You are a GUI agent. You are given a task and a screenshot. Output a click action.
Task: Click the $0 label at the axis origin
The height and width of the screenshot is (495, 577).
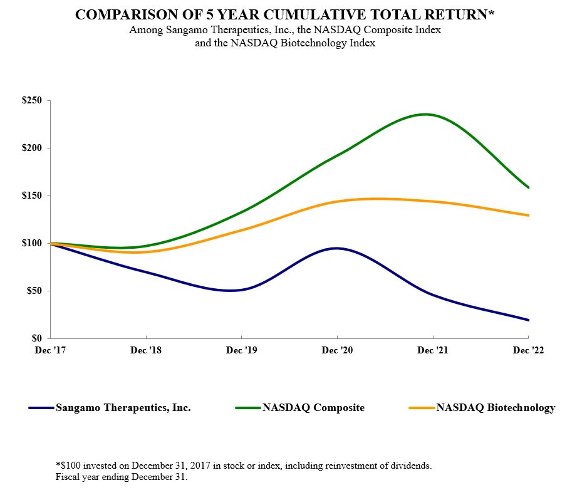tap(38, 338)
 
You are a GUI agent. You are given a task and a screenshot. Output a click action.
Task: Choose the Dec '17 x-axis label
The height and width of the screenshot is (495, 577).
tap(51, 351)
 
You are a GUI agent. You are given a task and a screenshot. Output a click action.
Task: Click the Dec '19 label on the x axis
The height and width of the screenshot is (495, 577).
tap(242, 351)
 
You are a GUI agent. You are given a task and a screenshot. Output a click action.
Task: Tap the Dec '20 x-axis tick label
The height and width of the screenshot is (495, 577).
tap(338, 351)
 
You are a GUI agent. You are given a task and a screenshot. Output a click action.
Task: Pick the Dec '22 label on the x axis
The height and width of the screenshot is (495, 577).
tap(529, 351)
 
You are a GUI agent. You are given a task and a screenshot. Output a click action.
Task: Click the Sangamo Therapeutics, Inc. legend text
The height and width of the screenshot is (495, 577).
tap(123, 408)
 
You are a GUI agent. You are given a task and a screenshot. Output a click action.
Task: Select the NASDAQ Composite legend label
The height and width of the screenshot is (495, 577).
tap(313, 408)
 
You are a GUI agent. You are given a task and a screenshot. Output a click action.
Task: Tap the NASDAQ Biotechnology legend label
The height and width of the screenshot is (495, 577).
tap(496, 408)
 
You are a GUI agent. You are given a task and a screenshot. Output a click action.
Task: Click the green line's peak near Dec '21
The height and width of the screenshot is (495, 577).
tap(425, 114)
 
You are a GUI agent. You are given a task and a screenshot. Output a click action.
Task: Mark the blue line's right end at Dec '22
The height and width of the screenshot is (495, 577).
tap(529, 320)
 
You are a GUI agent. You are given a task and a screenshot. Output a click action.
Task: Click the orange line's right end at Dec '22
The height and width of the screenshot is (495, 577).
tap(529, 216)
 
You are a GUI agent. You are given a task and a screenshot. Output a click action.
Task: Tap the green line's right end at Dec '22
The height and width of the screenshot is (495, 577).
tap(529, 187)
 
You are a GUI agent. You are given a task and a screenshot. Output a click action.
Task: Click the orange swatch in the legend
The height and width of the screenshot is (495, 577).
tap(421, 408)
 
